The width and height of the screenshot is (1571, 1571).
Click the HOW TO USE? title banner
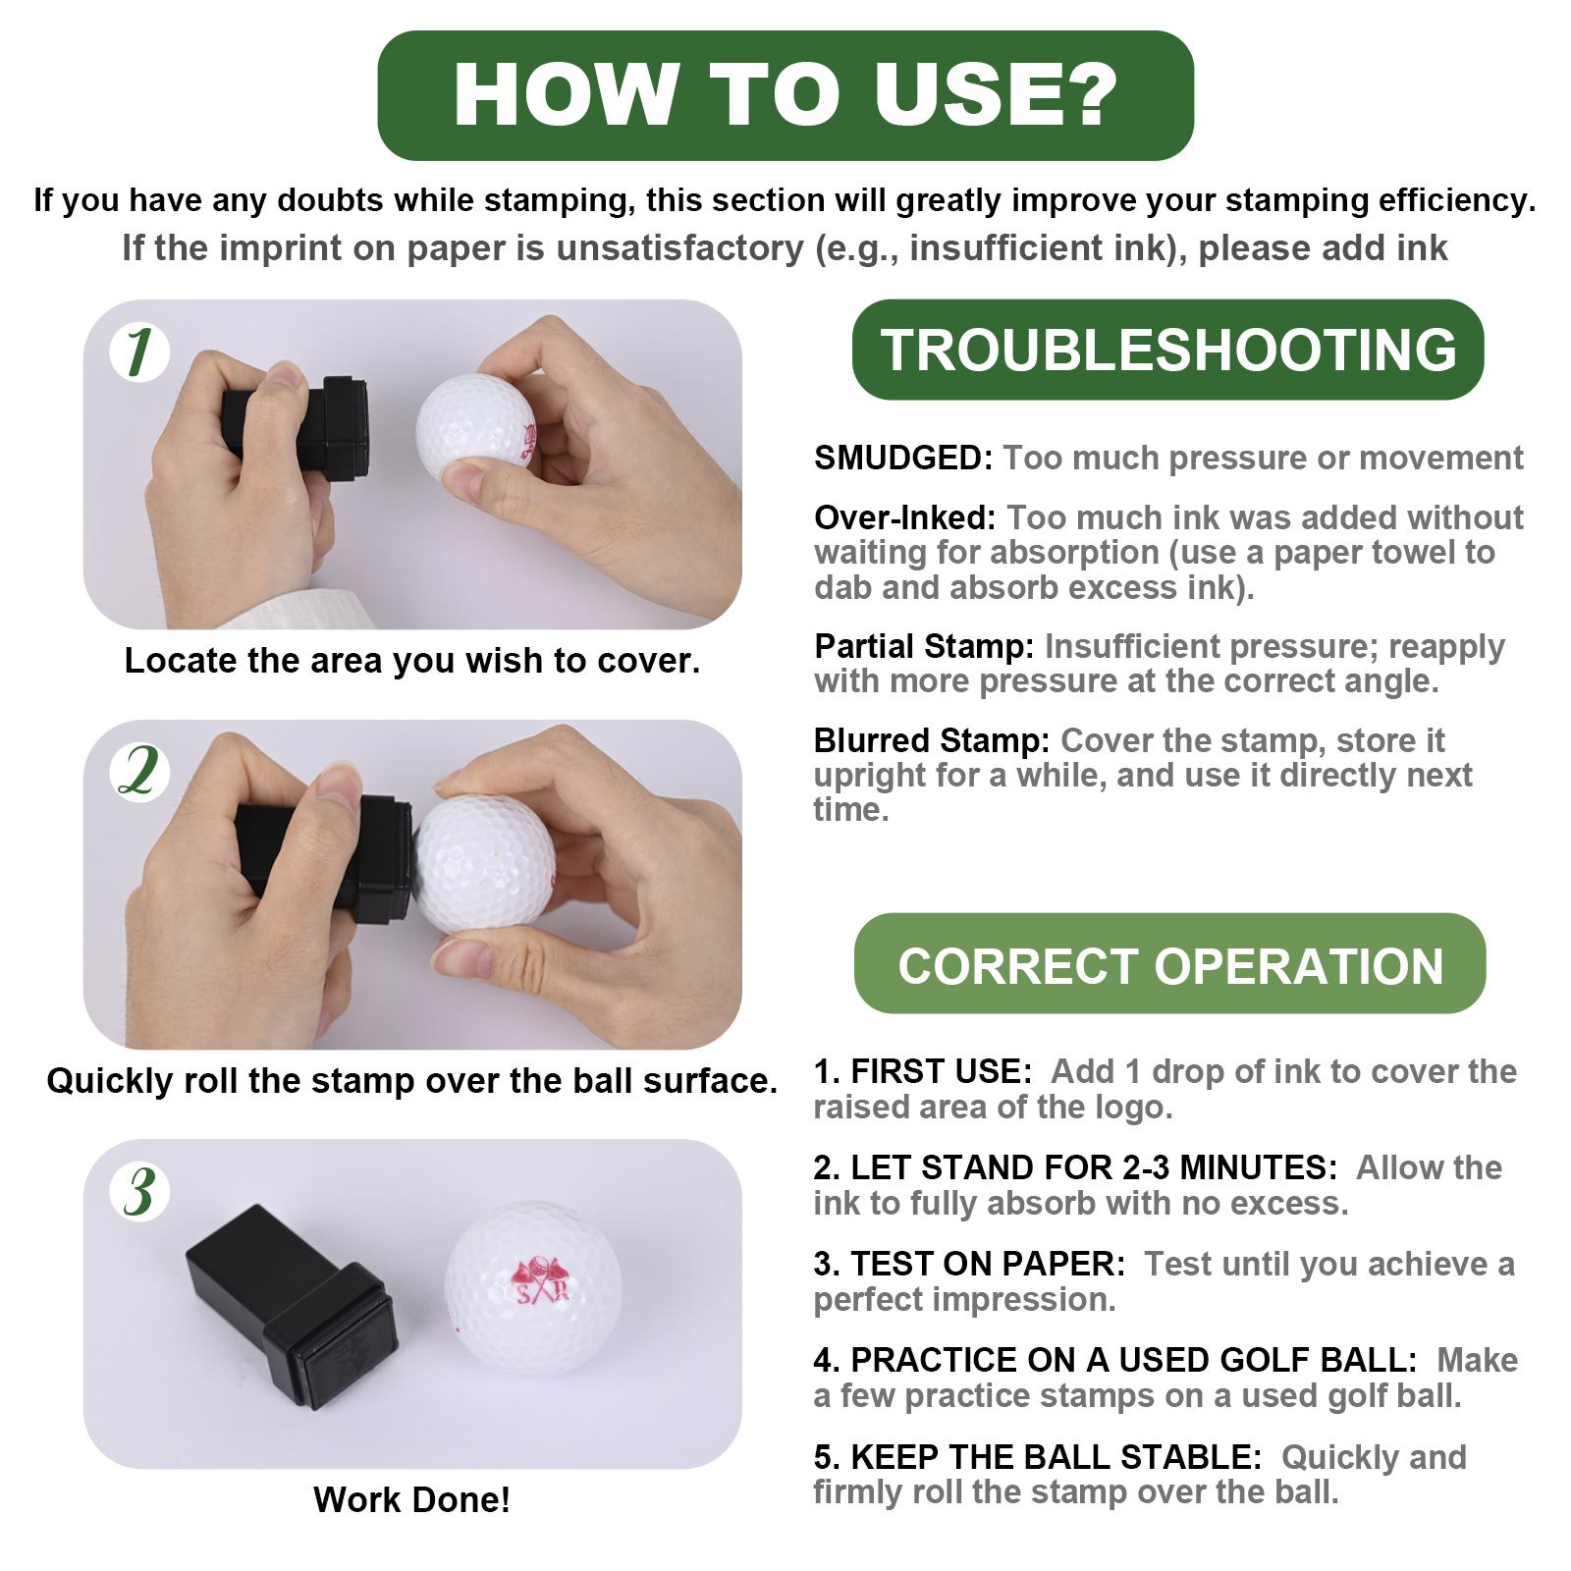coord(785,95)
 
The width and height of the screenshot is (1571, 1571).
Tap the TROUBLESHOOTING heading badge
coord(1167,350)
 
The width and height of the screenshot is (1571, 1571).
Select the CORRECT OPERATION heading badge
coord(1169,963)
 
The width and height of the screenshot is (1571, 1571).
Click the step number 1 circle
coord(139,352)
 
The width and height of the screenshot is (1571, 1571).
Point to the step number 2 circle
coord(139,772)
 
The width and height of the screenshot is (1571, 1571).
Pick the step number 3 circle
coord(139,1191)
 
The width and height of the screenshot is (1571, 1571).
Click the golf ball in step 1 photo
coord(476,428)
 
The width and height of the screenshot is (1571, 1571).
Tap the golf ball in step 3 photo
coord(533,1287)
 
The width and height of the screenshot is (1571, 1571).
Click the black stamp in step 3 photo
coord(292,1306)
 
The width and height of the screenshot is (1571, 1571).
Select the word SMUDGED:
coord(904,458)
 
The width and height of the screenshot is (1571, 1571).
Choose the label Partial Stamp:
coord(924,646)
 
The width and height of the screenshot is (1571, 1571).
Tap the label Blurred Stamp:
coord(932,739)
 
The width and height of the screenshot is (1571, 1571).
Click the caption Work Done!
coord(411,1499)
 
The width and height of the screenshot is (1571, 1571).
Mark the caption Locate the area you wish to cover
coord(412,661)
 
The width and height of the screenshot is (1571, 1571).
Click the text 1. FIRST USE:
coord(923,1071)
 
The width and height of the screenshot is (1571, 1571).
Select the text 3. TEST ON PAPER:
coord(969,1264)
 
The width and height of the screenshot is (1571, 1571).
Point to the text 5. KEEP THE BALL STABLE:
coord(1038,1457)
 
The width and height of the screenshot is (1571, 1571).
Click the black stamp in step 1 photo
coord(295,428)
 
